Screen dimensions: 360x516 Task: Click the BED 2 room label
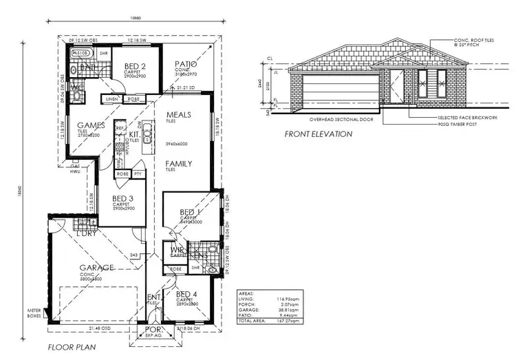coord(135,65)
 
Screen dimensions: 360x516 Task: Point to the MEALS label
coord(178,115)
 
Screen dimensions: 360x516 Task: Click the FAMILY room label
coord(178,164)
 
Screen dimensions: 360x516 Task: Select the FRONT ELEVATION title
coord(319,134)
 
